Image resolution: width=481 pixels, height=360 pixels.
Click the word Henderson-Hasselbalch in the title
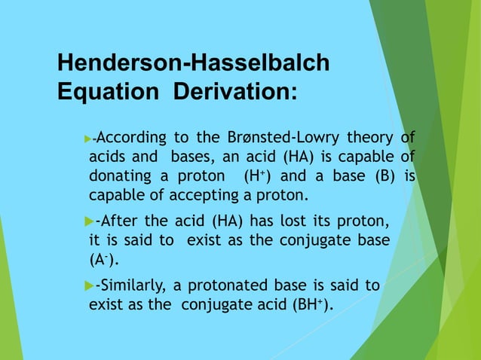click(193, 63)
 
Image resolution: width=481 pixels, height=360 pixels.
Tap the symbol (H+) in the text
click(257, 176)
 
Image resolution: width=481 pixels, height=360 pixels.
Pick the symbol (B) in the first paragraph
click(382, 176)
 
